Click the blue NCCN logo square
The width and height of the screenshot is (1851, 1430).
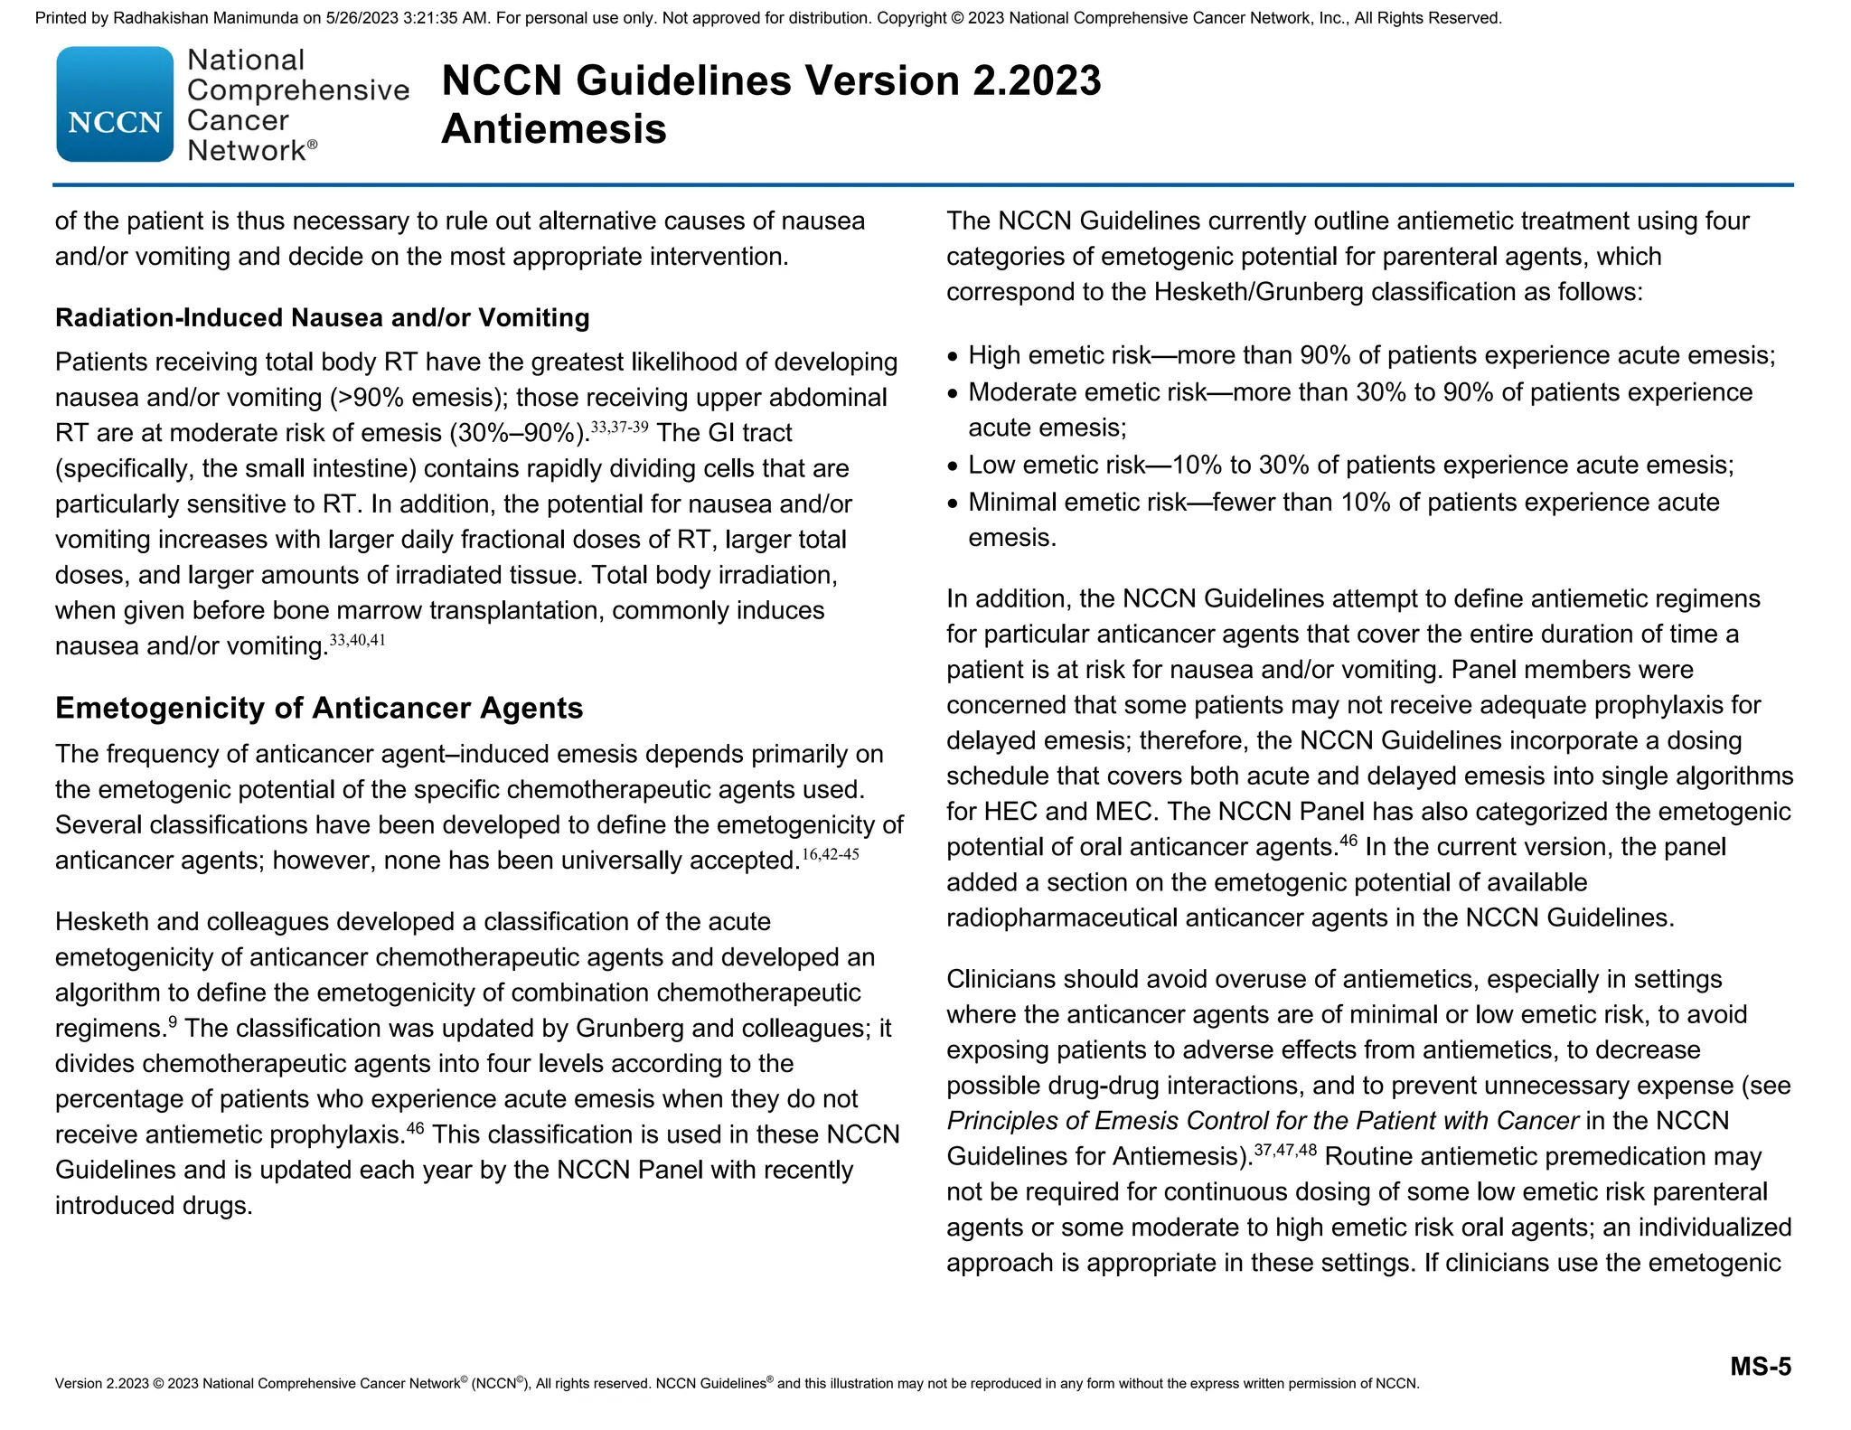tap(115, 105)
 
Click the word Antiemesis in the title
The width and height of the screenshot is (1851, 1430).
tap(553, 128)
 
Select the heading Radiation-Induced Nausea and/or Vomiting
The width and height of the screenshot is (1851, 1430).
tap(322, 317)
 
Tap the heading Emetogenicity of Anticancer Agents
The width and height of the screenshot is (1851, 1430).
tap(319, 707)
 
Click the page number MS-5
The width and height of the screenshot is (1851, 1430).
tap(1760, 1366)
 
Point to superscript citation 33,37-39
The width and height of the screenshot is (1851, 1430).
tap(619, 427)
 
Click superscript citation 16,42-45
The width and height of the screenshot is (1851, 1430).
tap(830, 854)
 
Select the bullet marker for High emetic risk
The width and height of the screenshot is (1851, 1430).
tap(953, 357)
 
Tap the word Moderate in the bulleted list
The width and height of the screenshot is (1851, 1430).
tap(1023, 392)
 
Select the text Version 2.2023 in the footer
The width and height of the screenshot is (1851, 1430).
tap(101, 1384)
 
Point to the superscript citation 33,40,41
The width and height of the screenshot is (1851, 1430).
tap(358, 640)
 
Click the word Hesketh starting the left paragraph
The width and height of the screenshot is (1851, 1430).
tap(102, 922)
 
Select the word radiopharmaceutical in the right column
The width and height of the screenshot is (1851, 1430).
tap(1062, 918)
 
